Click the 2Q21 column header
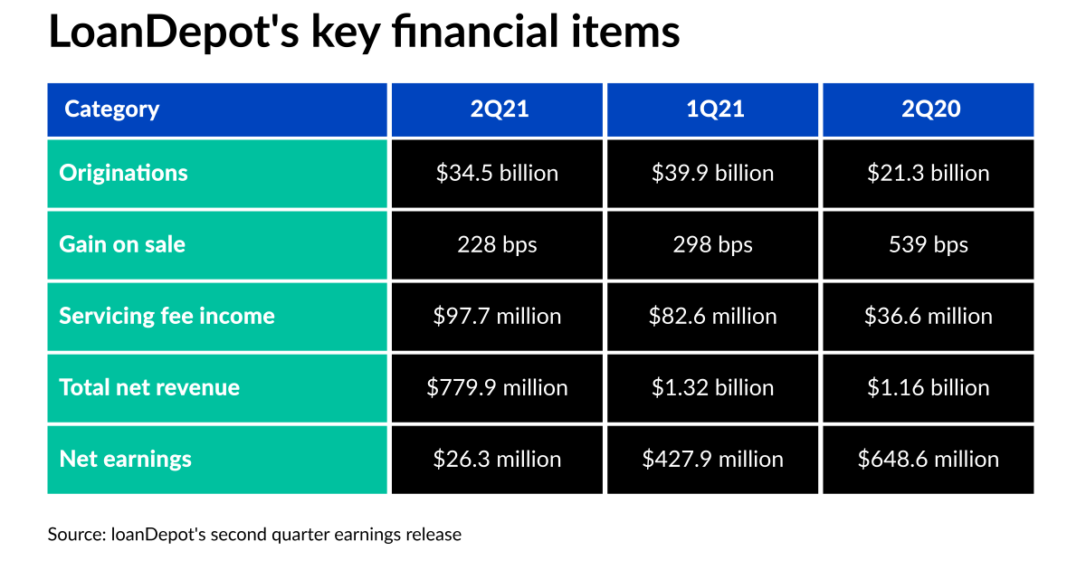[498, 109]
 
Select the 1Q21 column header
[713, 109]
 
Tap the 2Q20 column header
[929, 109]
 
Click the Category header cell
[111, 109]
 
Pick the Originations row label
[123, 173]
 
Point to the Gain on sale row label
[122, 244]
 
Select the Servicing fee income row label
[167, 316]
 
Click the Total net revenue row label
[149, 387]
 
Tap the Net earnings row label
[125, 459]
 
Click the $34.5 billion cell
[498, 173]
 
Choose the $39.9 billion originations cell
[713, 173]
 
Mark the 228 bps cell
[498, 244]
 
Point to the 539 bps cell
[929, 244]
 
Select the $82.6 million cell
[713, 316]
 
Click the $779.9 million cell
[498, 387]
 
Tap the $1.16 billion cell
[929, 387]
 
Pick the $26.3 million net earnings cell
[498, 459]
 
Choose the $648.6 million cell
[929, 459]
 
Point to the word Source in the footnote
[75, 535]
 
